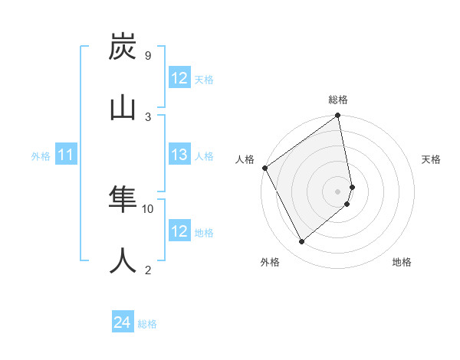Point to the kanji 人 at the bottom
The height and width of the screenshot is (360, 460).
click(123, 260)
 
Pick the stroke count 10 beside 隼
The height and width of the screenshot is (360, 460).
click(148, 208)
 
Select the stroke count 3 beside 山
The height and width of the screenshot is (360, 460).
click(147, 116)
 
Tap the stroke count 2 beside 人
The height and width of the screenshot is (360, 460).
click(147, 270)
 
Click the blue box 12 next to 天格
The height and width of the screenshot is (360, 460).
click(179, 78)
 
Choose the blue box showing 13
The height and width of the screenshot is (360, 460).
click(179, 155)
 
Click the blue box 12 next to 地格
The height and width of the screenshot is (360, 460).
click(179, 231)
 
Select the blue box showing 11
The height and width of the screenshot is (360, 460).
click(66, 155)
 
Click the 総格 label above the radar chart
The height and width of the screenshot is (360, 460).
click(338, 100)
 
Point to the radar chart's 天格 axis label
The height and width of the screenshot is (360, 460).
click(432, 159)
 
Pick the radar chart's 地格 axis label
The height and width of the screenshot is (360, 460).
click(402, 262)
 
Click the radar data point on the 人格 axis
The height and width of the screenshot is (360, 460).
click(264, 168)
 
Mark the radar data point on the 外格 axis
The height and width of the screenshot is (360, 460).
click(301, 242)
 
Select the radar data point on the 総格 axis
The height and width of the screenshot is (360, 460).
click(338, 116)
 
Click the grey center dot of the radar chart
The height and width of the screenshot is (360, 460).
click(338, 191)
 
